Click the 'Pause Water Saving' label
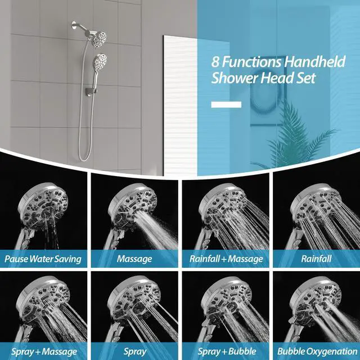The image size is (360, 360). click(43, 259)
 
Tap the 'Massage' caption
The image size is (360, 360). click(134, 259)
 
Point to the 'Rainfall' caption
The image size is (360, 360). click(316, 259)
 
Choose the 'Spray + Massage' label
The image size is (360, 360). click(43, 351)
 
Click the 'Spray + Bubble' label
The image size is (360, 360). click(225, 351)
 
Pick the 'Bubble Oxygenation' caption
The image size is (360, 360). click(316, 351)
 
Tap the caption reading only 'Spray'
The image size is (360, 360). click(134, 351)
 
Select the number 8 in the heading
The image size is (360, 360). click(217, 62)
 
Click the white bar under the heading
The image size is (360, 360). click(226, 104)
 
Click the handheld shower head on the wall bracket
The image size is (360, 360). click(100, 60)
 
